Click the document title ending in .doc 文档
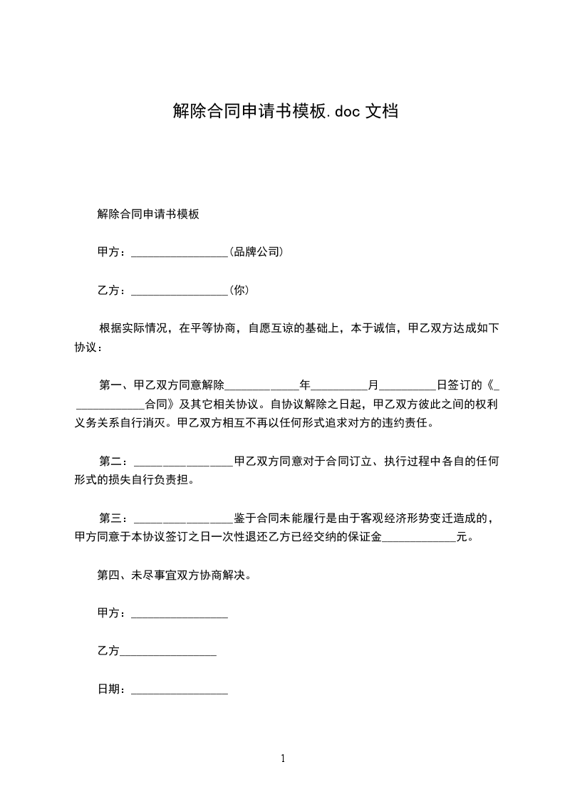pyautogui.click(x=285, y=110)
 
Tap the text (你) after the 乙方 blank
pyautogui.click(x=239, y=290)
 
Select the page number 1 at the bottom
pyautogui.click(x=283, y=758)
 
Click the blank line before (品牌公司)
pyautogui.click(x=180, y=254)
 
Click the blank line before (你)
pyautogui.click(x=180, y=292)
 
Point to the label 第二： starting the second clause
pyautogui.click(x=115, y=461)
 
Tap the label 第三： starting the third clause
pyautogui.click(x=115, y=518)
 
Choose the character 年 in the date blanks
pyautogui.click(x=305, y=385)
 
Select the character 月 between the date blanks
pyautogui.click(x=373, y=385)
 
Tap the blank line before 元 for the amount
pyautogui.click(x=419, y=539)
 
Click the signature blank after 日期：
pyautogui.click(x=180, y=691)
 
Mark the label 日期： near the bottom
pyautogui.click(x=113, y=689)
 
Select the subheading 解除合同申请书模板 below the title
pyautogui.click(x=147, y=214)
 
